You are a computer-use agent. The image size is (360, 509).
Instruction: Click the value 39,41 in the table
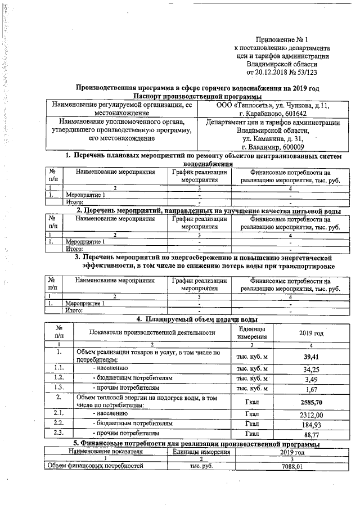click(311, 357)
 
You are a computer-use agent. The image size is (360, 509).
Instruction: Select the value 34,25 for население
click(311, 369)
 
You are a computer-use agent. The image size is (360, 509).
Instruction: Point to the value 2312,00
click(311, 414)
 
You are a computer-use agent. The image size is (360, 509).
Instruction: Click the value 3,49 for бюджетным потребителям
click(311, 379)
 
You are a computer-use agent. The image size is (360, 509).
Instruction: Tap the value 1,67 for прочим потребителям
click(311, 389)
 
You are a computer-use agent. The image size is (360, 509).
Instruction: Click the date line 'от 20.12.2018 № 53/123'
click(282, 71)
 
